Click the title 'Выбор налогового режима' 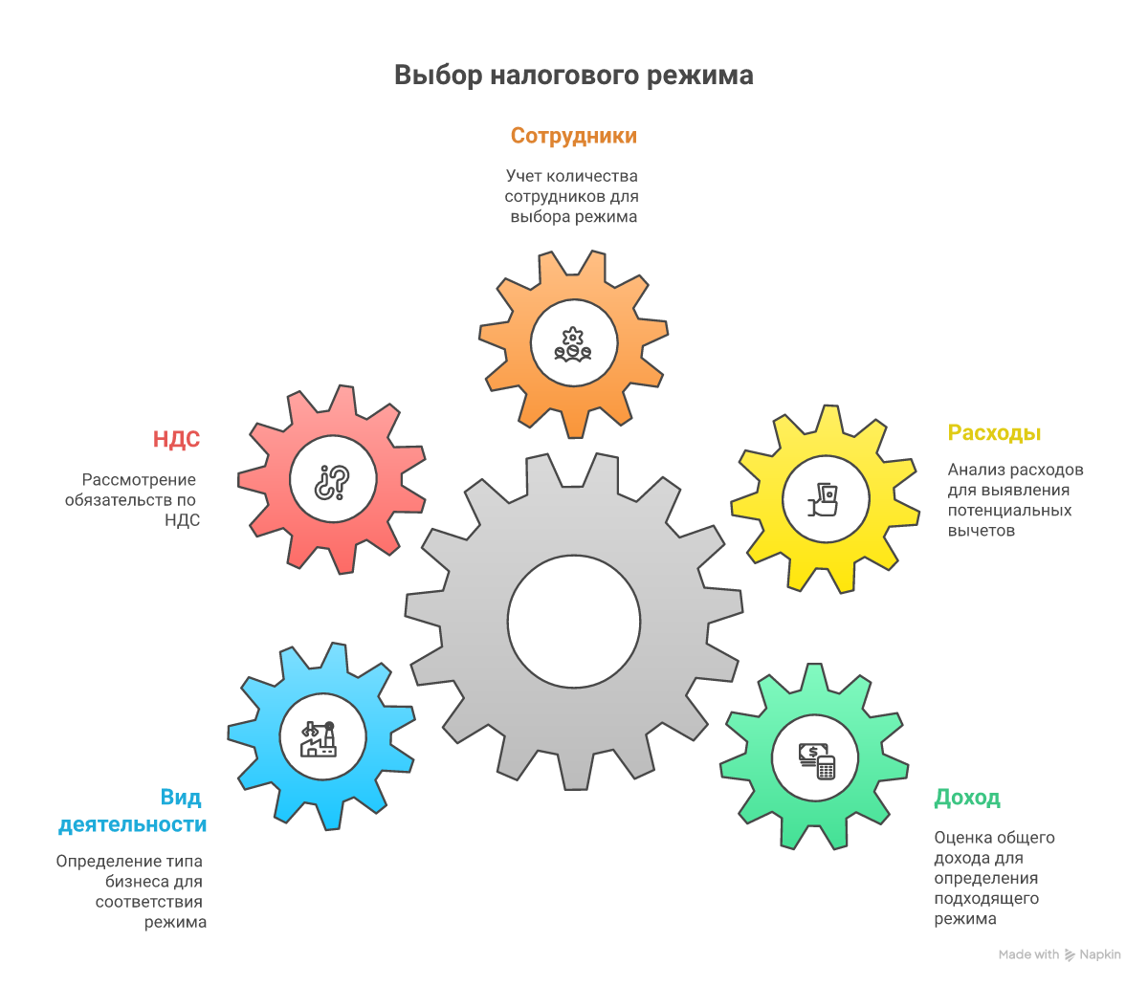tap(573, 76)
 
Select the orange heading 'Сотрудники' tap(574, 136)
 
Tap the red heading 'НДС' tap(176, 439)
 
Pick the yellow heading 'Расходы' tap(994, 432)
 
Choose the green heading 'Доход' tap(967, 798)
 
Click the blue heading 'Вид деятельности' tap(133, 811)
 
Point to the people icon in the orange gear tap(573, 344)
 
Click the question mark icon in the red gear tap(333, 482)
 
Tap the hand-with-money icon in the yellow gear tap(823, 499)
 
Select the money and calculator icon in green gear tap(817, 760)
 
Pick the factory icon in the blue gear tap(319, 739)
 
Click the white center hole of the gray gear tap(574, 622)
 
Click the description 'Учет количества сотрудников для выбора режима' tap(571, 196)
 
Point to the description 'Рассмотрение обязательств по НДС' tap(132, 499)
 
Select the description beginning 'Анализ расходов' tap(1015, 499)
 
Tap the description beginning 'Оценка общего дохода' tap(994, 878)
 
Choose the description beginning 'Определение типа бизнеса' tap(131, 891)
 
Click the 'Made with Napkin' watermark tap(1059, 954)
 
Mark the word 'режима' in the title tap(699, 77)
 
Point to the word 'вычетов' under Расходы tap(981, 530)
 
